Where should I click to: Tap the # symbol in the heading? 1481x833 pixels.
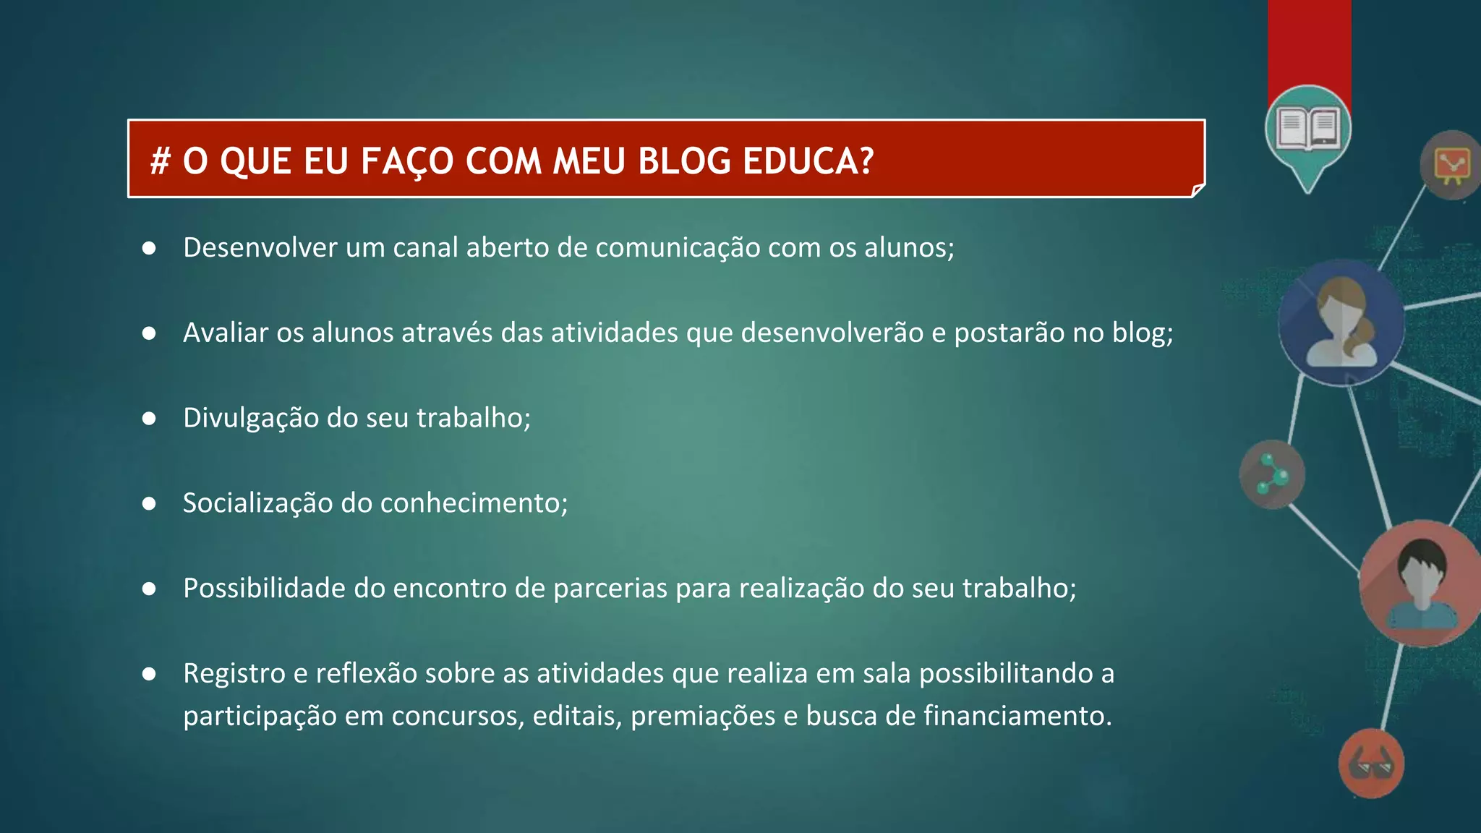click(x=160, y=161)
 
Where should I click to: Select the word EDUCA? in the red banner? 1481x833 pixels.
click(x=808, y=161)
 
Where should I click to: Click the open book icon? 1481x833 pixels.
click(x=1308, y=128)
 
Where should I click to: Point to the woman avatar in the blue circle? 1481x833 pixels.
click(x=1341, y=323)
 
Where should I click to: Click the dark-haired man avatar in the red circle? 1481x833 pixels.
click(x=1422, y=584)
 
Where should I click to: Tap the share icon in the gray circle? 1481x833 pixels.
click(x=1271, y=474)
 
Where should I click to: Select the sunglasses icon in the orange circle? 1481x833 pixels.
click(x=1371, y=764)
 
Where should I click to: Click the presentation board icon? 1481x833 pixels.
click(x=1452, y=165)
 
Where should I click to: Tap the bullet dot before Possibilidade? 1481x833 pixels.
click(x=149, y=589)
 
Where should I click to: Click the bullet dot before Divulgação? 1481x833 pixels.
click(x=149, y=419)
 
